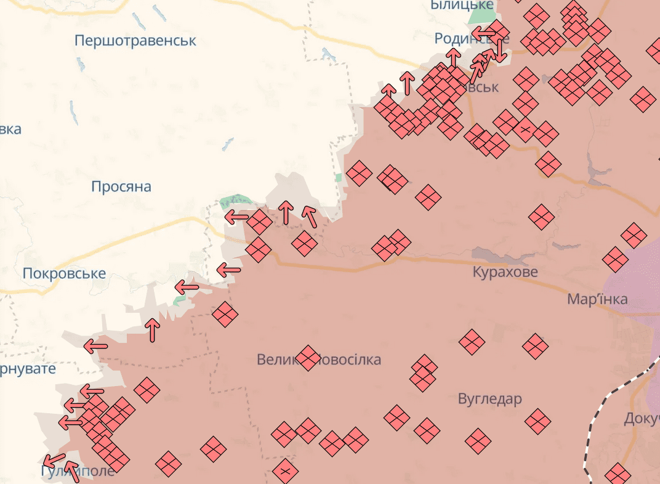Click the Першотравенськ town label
(135, 41)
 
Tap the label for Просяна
(121, 187)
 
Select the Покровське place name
(64, 273)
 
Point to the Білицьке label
(462, 5)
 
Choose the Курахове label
(505, 272)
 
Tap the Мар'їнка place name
(597, 299)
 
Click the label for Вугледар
(490, 399)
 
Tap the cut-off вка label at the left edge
(10, 129)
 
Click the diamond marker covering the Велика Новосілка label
(308, 358)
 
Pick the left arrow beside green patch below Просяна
(236, 217)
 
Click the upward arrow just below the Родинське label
(454, 58)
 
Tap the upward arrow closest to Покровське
(152, 330)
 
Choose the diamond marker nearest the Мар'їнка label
(615, 259)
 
